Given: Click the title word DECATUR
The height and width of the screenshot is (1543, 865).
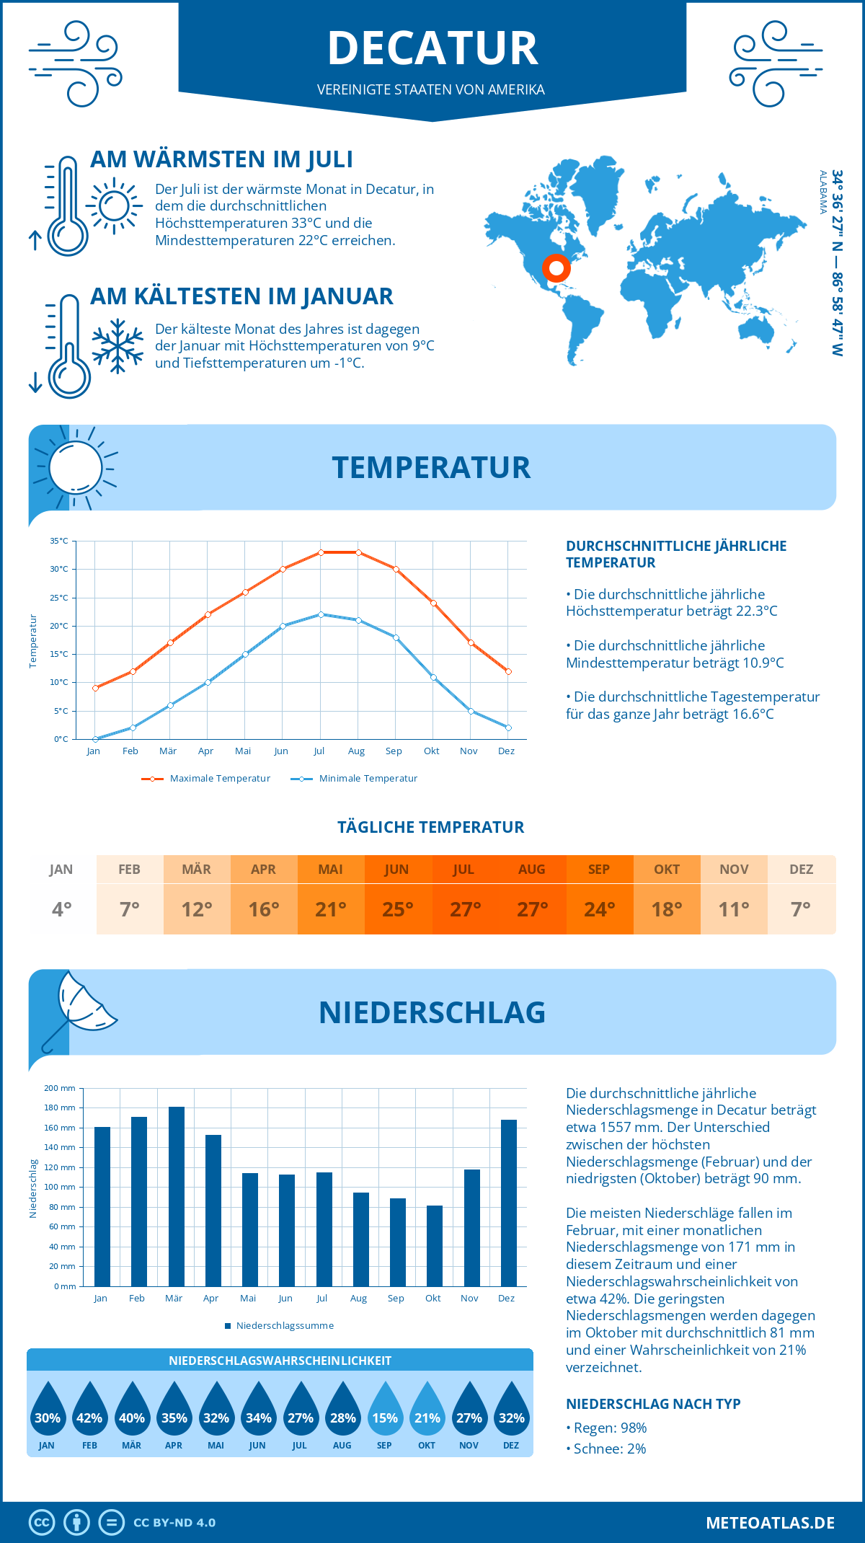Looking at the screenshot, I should pos(432,49).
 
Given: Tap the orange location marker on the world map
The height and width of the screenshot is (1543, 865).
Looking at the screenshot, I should pos(556,268).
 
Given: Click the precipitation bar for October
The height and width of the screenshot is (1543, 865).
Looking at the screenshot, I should pos(434,1245).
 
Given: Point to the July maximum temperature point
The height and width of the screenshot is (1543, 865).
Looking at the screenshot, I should pos(321,552).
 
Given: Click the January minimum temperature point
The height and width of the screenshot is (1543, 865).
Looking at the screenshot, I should pos(95,739).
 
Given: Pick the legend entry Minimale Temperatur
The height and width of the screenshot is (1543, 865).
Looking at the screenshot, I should pos(368,779).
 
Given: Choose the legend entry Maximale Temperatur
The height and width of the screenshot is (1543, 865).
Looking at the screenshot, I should pos(219,779).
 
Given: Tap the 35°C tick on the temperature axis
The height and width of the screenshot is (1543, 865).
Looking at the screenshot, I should pos(59,541).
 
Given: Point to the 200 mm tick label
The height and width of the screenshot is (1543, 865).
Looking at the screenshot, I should pos(60,1088).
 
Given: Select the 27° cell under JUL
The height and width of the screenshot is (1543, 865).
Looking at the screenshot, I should pos(465,909).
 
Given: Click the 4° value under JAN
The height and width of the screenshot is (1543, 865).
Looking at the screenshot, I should pos(61,909).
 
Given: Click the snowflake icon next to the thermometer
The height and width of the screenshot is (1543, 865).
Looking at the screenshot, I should pos(117,345).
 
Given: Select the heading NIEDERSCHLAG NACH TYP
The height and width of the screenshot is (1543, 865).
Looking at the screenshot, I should pos(652,1404).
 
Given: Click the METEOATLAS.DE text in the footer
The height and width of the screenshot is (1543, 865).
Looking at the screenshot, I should pos(770,1523).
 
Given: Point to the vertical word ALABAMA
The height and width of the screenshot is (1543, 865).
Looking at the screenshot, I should pos(822,192).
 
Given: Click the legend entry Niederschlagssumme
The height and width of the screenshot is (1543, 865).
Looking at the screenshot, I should pos(284,1326).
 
